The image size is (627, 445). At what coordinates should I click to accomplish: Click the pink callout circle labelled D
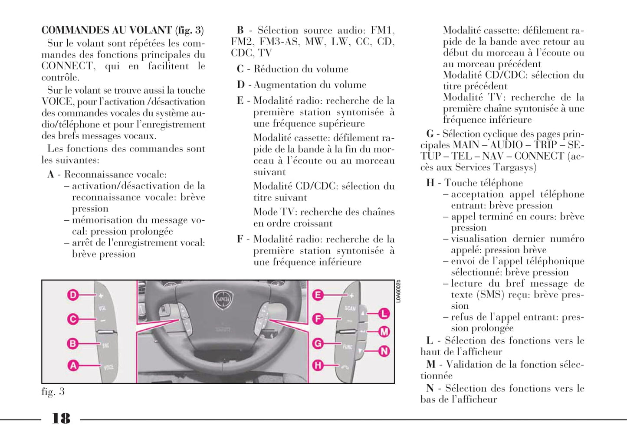coord(72,295)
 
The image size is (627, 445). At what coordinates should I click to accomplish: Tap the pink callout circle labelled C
coord(72,319)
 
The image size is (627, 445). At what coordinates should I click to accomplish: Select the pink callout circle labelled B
coord(72,344)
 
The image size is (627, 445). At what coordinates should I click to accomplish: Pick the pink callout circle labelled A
coord(72,365)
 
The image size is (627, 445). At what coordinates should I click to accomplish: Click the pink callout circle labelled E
coord(318,295)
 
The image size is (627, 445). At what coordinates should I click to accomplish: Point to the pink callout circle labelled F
coord(318,319)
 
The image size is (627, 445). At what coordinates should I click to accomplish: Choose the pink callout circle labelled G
coord(318,344)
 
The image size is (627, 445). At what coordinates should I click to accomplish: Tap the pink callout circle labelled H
coord(318,365)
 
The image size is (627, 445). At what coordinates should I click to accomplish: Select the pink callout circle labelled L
coord(384,313)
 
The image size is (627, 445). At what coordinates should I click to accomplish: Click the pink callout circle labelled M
coord(384,332)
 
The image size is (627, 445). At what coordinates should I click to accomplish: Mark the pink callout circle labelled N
coord(384,351)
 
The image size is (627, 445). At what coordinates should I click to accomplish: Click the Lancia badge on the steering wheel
coord(223,300)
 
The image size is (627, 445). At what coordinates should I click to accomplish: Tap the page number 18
coord(61,419)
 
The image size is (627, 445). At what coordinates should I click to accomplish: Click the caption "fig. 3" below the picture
coord(53,392)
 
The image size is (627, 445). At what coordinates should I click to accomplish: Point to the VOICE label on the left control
coord(108,367)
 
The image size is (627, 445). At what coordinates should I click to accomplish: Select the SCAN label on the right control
coord(350,308)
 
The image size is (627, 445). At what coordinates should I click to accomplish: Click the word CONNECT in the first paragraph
coord(67,66)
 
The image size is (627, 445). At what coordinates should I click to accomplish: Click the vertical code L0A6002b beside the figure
coord(398,291)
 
